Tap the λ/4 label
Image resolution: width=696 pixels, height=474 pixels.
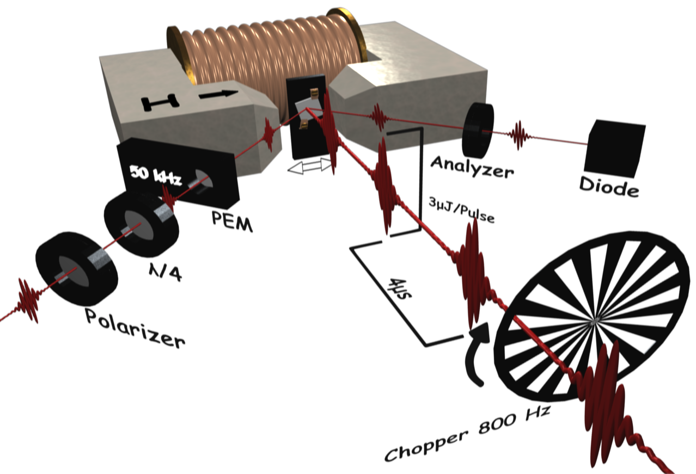coord(165,272)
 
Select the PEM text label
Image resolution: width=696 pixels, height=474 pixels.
coord(232,221)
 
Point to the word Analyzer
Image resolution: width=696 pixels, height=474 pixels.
coord(472,167)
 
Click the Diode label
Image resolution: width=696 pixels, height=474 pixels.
coord(609,187)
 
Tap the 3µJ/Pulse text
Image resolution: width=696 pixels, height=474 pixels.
coord(461,210)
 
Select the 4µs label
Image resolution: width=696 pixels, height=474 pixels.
coord(400,288)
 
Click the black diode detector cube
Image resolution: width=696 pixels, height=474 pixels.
coord(614,150)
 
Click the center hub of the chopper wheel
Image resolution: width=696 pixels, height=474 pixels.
coord(595,321)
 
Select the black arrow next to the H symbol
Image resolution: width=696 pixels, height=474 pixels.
coord(218,94)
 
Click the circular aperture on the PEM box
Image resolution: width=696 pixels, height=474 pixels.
coord(202,182)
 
